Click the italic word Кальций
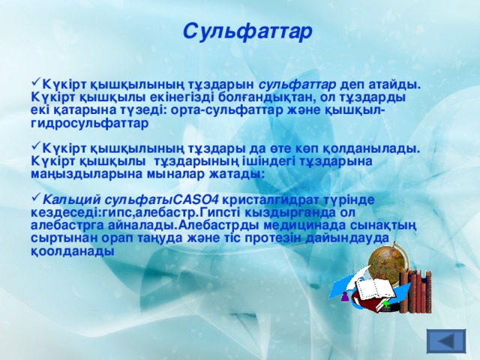[x=73, y=199]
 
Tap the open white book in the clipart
[x=373, y=289]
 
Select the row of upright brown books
[x=415, y=289]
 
